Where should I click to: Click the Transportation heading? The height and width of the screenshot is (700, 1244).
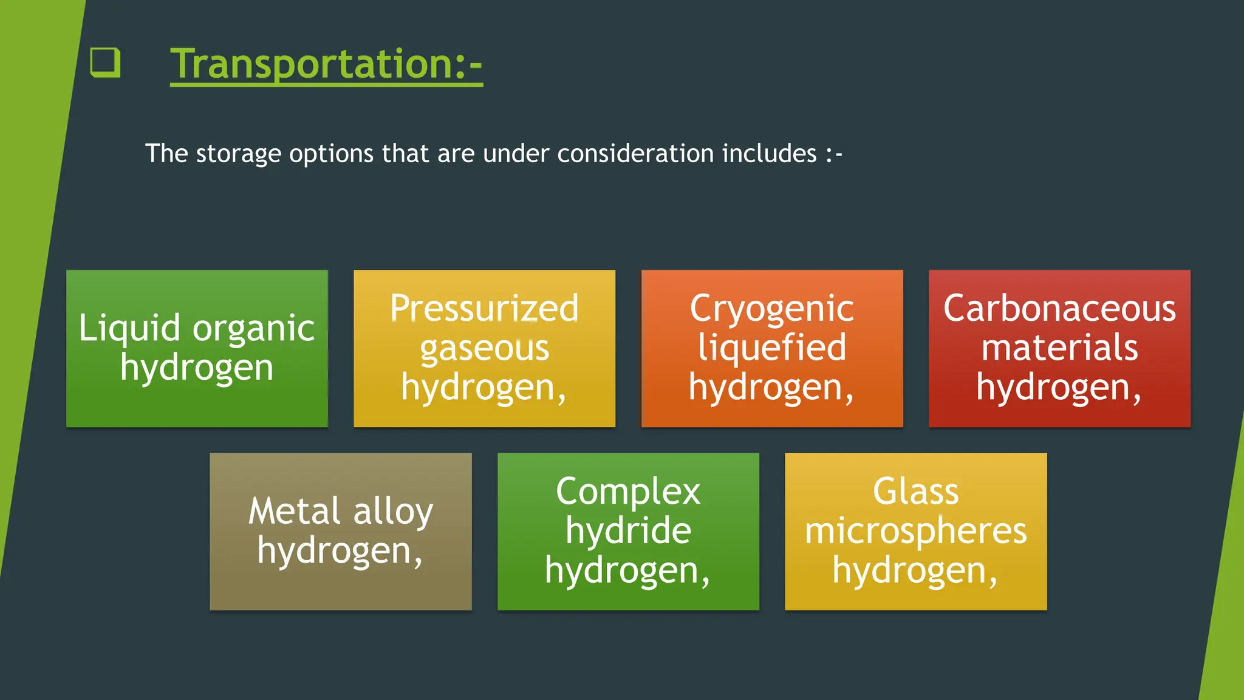326,64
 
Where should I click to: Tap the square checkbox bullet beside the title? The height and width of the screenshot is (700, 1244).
105,62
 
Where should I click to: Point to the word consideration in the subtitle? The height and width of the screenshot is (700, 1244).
635,154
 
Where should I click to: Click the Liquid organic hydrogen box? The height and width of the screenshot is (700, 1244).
197,349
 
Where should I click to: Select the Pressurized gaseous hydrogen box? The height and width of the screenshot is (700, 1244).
484,349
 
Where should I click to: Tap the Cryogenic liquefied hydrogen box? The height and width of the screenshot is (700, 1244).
772,349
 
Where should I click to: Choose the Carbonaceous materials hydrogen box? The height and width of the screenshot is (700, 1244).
1059,349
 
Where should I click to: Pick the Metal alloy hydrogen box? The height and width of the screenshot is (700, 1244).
341,532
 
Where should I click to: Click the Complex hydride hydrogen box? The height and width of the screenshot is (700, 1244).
628,532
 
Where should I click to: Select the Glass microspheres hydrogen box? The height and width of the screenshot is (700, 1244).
915,532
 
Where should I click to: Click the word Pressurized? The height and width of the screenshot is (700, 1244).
484,308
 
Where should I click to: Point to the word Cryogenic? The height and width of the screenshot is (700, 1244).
772,309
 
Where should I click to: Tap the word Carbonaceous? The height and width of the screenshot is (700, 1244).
1059,308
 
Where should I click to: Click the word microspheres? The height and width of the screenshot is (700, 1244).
915,532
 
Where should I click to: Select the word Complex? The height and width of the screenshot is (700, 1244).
628,492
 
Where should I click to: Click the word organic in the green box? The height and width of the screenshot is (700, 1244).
253,329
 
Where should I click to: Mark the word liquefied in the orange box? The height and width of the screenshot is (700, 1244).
772,349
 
